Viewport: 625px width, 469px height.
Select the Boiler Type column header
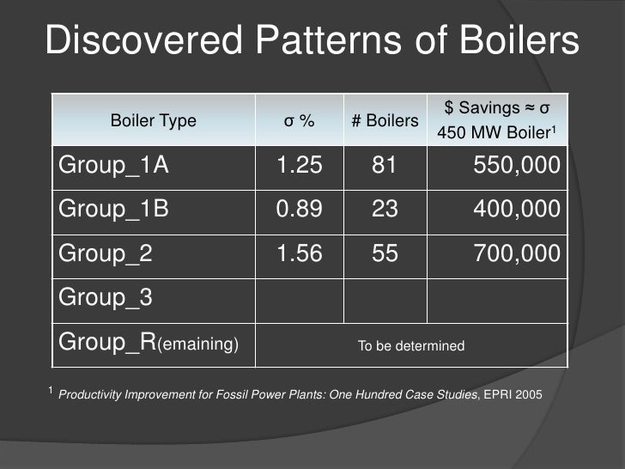point(154,121)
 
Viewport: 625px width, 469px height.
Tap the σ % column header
point(299,121)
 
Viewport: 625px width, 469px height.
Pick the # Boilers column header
point(385,121)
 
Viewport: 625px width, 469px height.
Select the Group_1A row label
point(113,166)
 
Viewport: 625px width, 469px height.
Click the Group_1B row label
point(113,210)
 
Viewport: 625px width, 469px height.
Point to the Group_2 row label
point(105,253)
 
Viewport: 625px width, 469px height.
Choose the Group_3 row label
point(105,297)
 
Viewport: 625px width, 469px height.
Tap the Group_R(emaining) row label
point(147,343)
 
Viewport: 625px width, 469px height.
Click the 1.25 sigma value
point(299,166)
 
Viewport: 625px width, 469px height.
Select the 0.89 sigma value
point(299,210)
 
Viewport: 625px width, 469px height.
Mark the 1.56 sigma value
point(299,253)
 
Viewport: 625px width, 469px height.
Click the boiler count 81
point(385,166)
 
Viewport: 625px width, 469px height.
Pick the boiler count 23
point(385,210)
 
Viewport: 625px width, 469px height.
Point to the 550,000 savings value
point(517,166)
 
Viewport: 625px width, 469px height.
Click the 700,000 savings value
point(517,253)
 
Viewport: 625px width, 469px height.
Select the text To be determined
point(410,346)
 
